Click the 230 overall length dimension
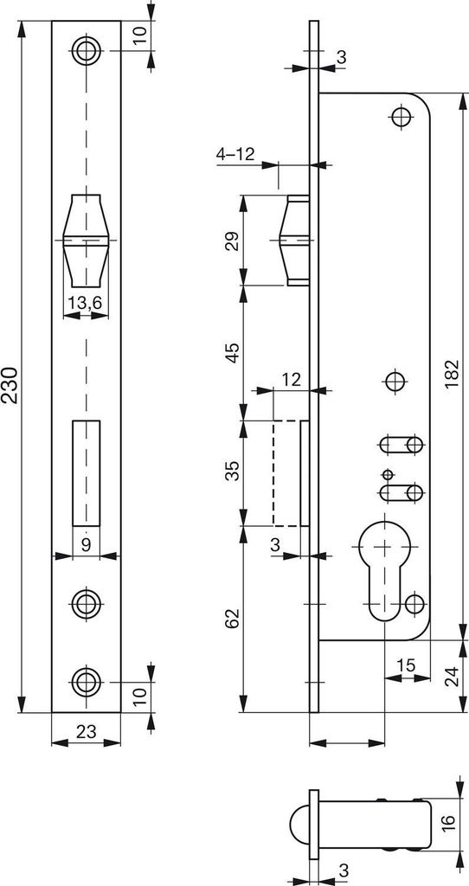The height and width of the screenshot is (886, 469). [10, 385]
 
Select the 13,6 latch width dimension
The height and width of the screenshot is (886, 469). [86, 304]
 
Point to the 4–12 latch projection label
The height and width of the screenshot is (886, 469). [235, 154]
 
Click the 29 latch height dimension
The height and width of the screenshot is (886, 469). [233, 241]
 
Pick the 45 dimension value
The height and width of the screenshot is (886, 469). [233, 353]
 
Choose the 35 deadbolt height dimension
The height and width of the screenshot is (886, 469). [233, 472]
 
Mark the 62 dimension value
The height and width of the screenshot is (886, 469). [233, 620]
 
